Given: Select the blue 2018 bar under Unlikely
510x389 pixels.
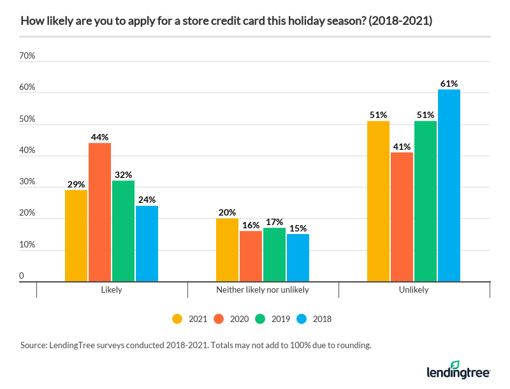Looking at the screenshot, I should [x=449, y=186].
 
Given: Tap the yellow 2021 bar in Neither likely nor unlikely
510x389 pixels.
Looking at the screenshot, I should [x=227, y=250].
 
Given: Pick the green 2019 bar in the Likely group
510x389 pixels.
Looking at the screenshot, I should [x=123, y=231].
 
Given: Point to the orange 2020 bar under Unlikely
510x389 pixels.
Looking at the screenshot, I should [x=402, y=217].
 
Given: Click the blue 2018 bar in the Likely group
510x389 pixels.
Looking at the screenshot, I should [x=147, y=244].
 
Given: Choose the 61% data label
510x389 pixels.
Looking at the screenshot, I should [x=449, y=84].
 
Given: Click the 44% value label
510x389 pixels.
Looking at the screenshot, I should [x=99, y=137].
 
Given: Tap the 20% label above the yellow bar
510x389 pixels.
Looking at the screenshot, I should [x=227, y=212].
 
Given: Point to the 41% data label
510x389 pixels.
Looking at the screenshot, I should [x=402, y=147].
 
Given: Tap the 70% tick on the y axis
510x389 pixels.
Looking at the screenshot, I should [x=27, y=56].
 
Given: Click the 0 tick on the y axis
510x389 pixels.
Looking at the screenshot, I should [x=22, y=276].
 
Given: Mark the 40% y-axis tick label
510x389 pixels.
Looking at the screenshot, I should [x=27, y=150].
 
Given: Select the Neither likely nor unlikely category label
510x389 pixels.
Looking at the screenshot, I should [x=263, y=290].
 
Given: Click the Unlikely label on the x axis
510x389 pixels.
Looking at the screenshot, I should [x=414, y=290].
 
